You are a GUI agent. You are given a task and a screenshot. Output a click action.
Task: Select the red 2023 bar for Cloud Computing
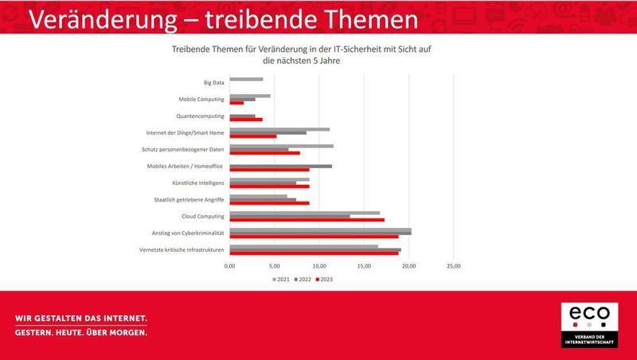307,219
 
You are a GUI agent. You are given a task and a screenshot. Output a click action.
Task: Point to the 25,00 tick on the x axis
452,266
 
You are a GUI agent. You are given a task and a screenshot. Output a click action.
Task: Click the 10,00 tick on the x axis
318,266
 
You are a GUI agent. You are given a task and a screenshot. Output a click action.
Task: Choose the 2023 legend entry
324,280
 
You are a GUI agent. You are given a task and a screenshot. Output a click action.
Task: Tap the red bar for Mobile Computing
236,103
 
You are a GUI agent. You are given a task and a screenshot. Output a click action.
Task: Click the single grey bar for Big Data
246,79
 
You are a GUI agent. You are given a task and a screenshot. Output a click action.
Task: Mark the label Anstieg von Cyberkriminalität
188,233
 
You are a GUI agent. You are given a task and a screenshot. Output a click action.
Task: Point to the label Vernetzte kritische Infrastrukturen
181,250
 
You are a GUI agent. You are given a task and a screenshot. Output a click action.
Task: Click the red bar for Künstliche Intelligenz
269,186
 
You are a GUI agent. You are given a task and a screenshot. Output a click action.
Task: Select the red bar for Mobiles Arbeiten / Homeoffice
269,169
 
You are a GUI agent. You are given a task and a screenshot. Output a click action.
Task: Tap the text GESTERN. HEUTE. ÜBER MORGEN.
81,333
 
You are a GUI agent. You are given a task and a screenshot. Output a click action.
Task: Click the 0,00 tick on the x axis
229,266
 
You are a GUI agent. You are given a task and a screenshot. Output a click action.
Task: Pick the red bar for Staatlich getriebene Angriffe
269,203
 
